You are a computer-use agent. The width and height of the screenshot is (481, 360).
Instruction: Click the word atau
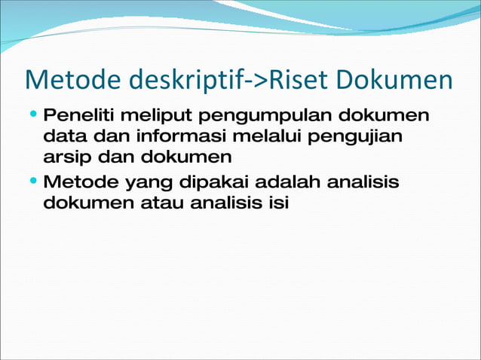(x=158, y=203)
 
